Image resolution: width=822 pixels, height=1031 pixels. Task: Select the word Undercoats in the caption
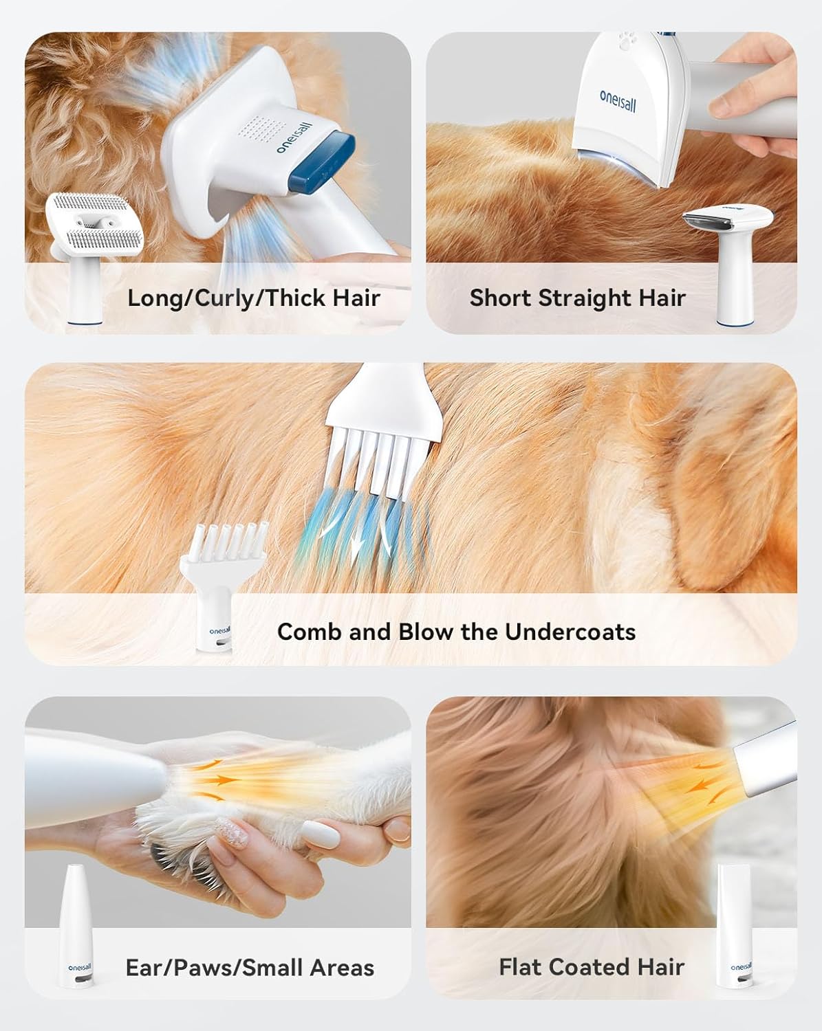pyautogui.click(x=570, y=632)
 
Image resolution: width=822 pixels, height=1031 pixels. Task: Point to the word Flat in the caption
pyautogui.click(x=520, y=967)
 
